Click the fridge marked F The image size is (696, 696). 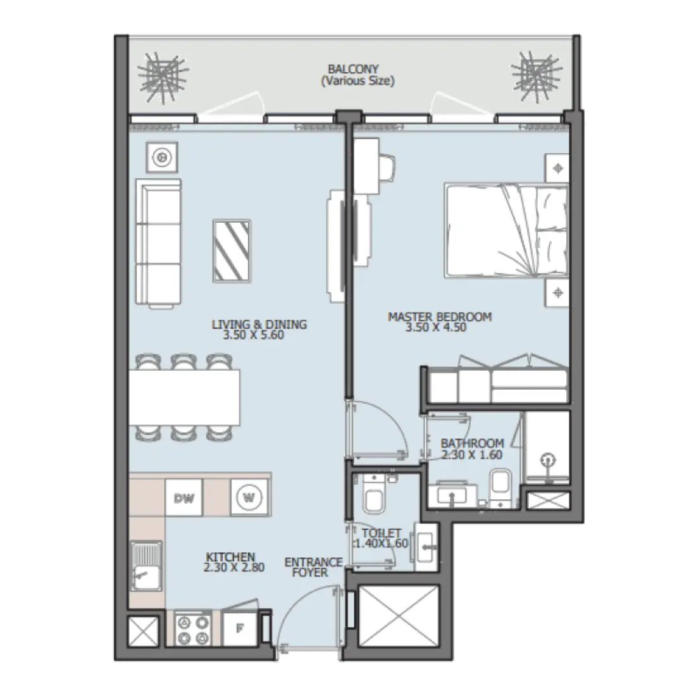pyautogui.click(x=240, y=629)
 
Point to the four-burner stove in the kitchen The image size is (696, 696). pyautogui.click(x=193, y=630)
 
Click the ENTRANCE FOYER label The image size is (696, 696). pyautogui.click(x=310, y=567)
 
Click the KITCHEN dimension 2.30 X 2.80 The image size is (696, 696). pyautogui.click(x=233, y=568)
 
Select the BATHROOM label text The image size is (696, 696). pyautogui.click(x=472, y=443)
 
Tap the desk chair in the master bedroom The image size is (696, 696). pyautogui.click(x=387, y=166)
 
